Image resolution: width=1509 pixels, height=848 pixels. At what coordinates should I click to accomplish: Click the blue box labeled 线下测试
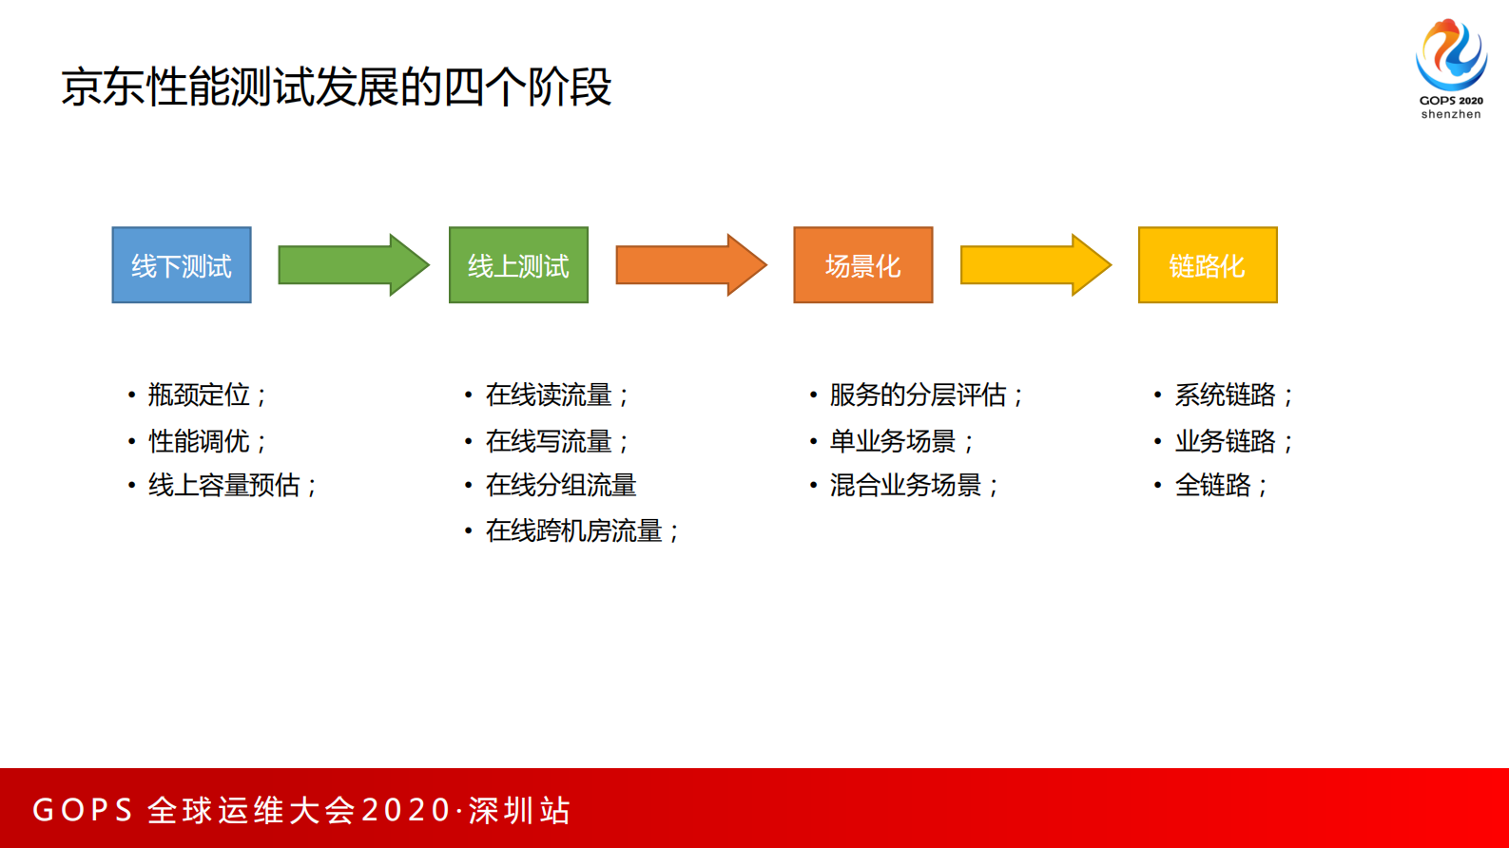click(x=182, y=265)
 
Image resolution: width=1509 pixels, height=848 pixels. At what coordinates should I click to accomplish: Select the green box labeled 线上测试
click(x=518, y=265)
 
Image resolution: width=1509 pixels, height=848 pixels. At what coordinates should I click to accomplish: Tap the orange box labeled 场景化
click(x=862, y=265)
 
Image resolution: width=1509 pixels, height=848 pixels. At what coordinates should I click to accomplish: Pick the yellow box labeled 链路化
click(x=1208, y=265)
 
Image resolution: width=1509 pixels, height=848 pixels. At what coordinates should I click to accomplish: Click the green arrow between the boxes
click(x=352, y=265)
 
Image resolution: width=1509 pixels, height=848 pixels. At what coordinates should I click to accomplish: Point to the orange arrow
click(x=689, y=265)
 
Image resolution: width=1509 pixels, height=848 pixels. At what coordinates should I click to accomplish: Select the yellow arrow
click(x=1035, y=265)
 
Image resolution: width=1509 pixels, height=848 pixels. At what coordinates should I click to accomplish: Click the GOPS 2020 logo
click(x=1451, y=57)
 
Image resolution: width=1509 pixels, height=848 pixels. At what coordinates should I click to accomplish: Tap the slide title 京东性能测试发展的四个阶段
click(x=336, y=87)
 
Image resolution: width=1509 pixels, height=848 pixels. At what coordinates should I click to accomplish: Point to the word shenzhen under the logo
click(x=1451, y=114)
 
